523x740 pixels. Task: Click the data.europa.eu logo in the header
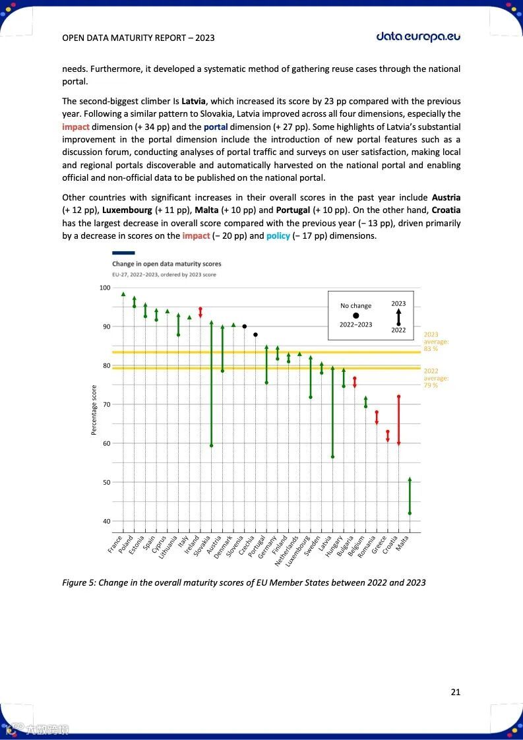(418, 36)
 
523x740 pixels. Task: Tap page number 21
(455, 692)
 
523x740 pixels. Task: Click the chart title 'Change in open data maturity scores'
(166, 264)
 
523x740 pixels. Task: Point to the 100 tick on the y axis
(105, 288)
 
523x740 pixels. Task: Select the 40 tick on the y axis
(106, 522)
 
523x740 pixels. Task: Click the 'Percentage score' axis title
(94, 410)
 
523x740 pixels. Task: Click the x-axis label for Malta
(403, 545)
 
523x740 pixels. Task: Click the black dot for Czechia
(255, 334)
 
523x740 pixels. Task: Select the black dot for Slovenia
(244, 326)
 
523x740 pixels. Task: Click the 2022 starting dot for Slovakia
(211, 445)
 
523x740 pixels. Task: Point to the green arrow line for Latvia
(332, 412)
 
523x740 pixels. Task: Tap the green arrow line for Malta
(410, 496)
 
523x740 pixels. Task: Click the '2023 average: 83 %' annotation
(435, 342)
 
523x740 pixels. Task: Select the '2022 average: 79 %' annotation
(435, 378)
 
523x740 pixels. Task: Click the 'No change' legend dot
(356, 315)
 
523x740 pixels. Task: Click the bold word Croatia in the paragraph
(446, 210)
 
